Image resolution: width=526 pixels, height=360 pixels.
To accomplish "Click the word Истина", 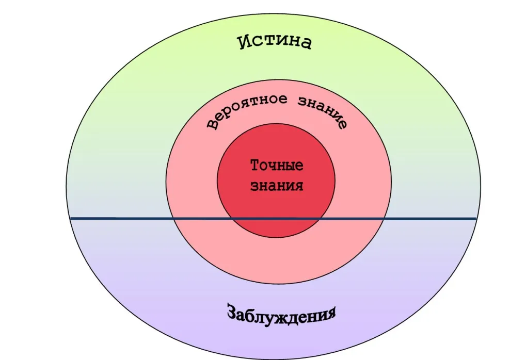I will pos(275,42).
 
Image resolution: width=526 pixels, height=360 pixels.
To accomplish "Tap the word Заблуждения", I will pos(281,313).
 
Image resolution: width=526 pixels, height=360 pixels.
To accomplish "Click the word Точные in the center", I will pos(277,166).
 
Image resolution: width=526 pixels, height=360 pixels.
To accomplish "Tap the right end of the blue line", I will pos(475,219).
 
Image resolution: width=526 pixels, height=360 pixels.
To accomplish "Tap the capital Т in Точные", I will pos(254,166).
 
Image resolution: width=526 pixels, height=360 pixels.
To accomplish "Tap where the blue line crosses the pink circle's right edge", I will pos(385,219).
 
